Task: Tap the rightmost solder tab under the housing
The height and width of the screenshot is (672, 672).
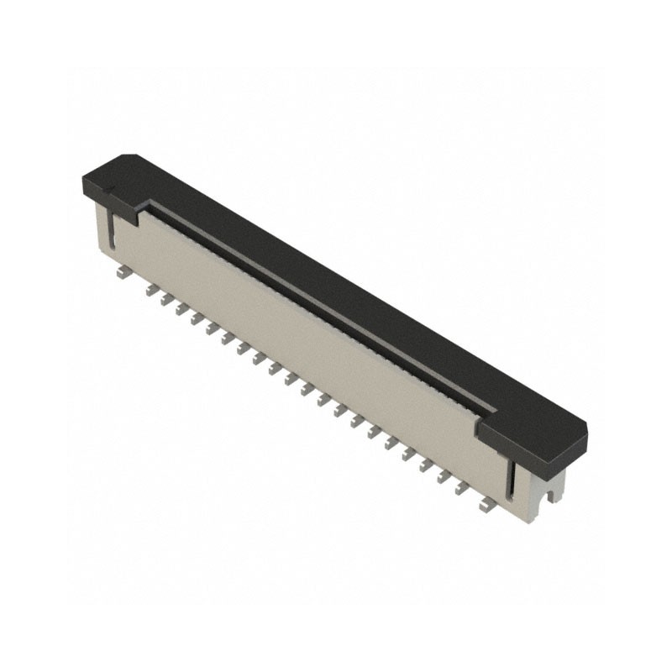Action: click(x=485, y=505)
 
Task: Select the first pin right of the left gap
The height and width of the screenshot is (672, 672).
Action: click(x=151, y=291)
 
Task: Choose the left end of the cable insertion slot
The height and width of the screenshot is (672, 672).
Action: click(x=152, y=207)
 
